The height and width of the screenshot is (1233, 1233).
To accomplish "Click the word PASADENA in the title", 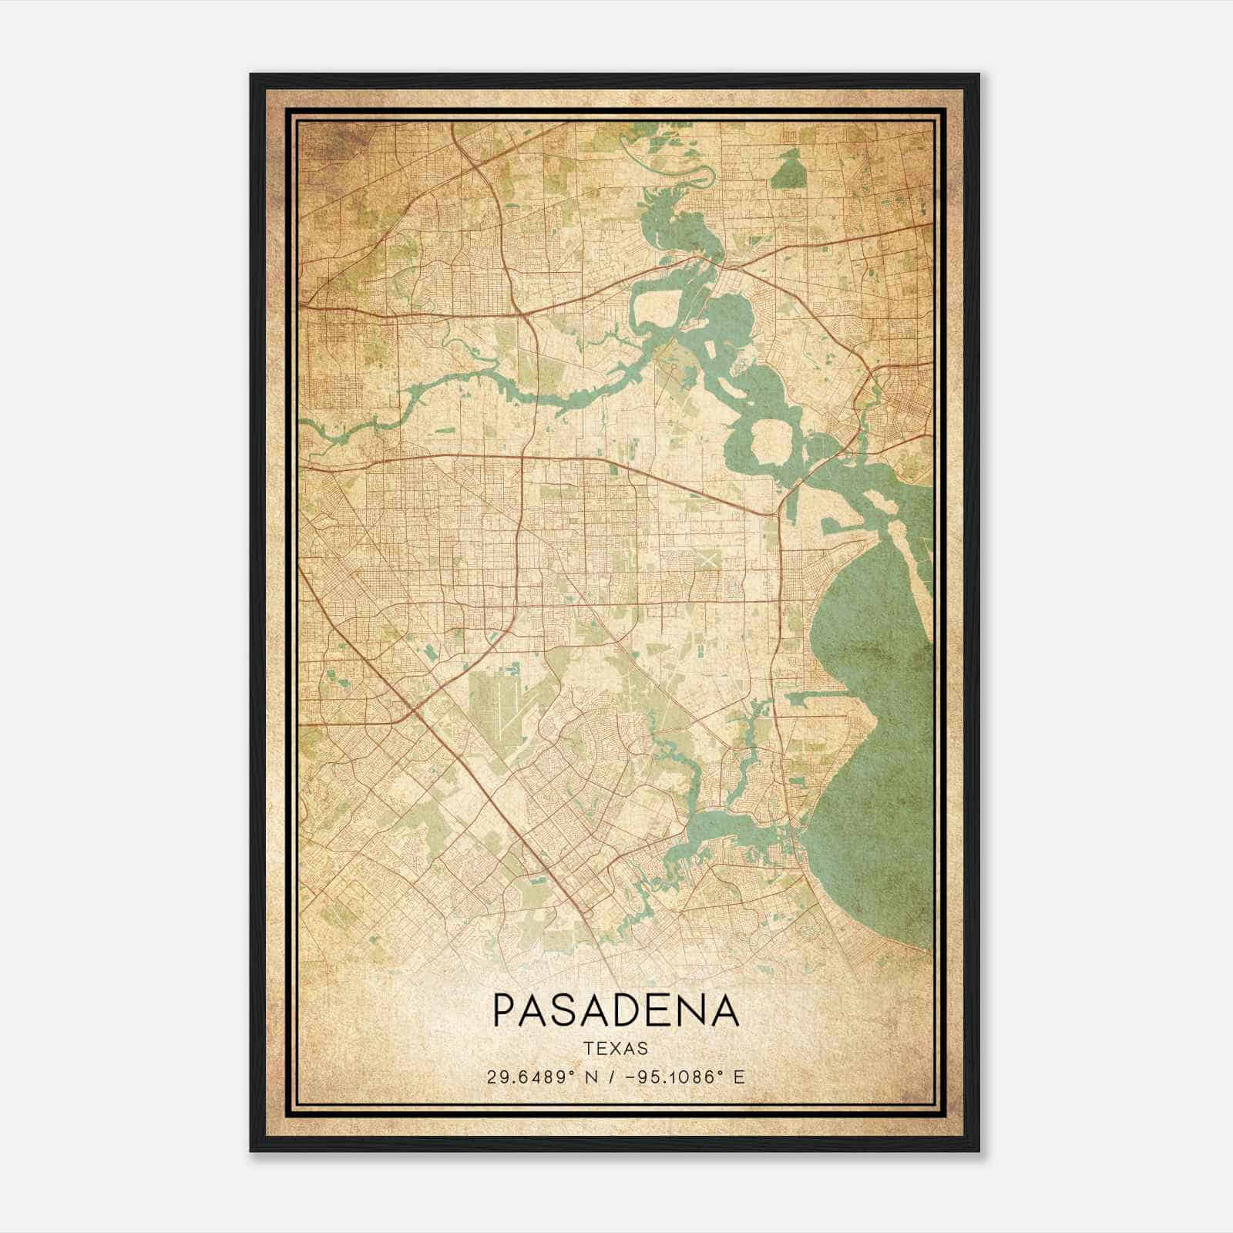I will pyautogui.click(x=615, y=1010).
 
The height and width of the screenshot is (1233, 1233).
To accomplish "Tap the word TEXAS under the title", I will pyautogui.click(x=616, y=1048).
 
